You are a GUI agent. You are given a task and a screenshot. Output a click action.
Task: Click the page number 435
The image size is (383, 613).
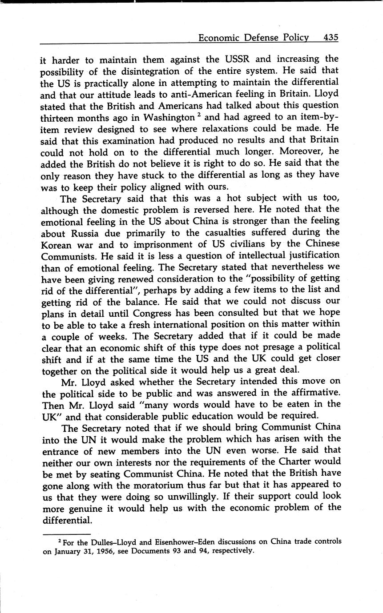pyautogui.click(x=331, y=38)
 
